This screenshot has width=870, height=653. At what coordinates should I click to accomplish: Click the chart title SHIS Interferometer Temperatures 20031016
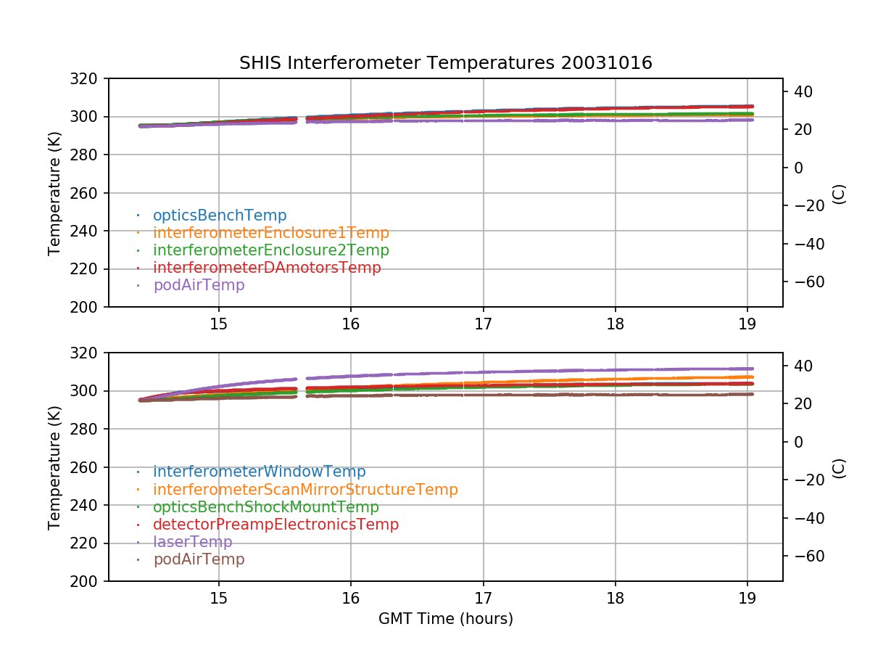click(x=445, y=63)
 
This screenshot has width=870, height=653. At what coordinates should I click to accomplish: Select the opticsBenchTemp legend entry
click(x=220, y=215)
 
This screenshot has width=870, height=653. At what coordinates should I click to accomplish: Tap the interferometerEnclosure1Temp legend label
click(x=270, y=233)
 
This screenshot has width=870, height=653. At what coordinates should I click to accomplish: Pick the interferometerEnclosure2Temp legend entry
click(x=270, y=250)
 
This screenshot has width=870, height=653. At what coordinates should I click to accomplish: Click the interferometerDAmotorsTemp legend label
click(x=267, y=268)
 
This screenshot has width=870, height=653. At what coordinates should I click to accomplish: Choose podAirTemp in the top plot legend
click(x=199, y=285)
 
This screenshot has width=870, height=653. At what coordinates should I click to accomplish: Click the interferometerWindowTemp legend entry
click(x=259, y=472)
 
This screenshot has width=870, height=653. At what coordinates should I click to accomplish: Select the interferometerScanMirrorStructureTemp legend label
click(x=305, y=490)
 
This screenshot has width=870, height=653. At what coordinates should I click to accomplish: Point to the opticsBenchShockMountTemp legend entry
click(x=265, y=507)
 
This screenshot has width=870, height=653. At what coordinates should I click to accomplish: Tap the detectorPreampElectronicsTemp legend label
click(x=275, y=525)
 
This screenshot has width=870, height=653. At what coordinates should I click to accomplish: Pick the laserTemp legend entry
click(x=192, y=542)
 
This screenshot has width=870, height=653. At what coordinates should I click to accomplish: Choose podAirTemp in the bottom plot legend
click(x=199, y=559)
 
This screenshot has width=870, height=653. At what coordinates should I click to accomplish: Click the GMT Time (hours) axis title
click(x=445, y=619)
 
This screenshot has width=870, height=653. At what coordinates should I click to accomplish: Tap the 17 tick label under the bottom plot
click(x=483, y=599)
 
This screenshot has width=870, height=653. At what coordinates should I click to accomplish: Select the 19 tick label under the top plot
click(x=747, y=324)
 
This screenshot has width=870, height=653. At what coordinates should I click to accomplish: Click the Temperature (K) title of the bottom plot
click(x=54, y=467)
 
